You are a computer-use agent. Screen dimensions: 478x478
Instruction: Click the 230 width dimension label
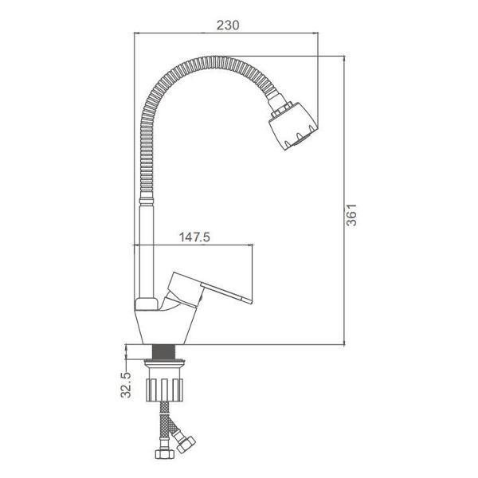pos(228,25)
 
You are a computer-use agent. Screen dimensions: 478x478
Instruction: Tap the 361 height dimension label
pos(351,215)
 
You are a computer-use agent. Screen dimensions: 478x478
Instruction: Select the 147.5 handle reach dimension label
pos(194,237)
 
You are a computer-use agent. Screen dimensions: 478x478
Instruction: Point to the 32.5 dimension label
pos(126,385)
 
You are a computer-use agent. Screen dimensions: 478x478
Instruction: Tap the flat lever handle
pos(226,292)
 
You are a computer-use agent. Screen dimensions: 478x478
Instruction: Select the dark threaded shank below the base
pos(163,352)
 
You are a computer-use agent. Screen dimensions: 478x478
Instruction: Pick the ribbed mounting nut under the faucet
pos(164,390)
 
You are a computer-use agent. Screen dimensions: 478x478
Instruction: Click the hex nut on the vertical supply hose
pos(165,454)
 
